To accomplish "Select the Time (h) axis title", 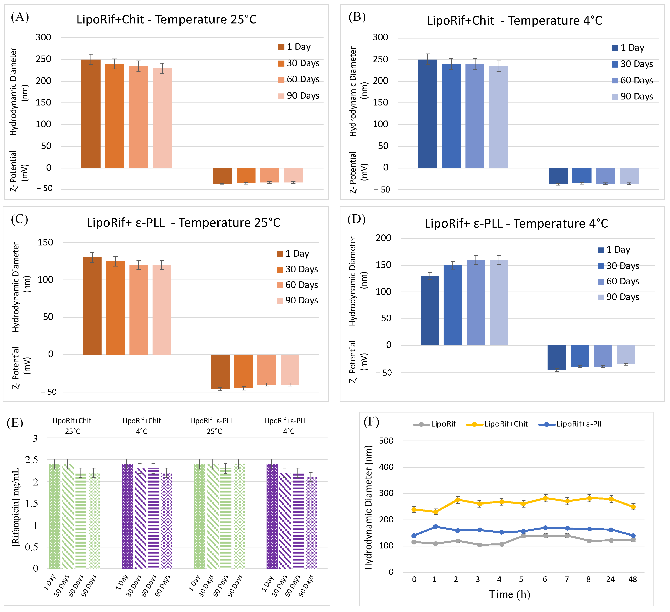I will click(509, 594).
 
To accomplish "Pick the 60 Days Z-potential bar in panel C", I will click(266, 370).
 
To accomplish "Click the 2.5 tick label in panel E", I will click(31, 460).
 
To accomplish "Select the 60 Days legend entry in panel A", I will click(298, 79).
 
